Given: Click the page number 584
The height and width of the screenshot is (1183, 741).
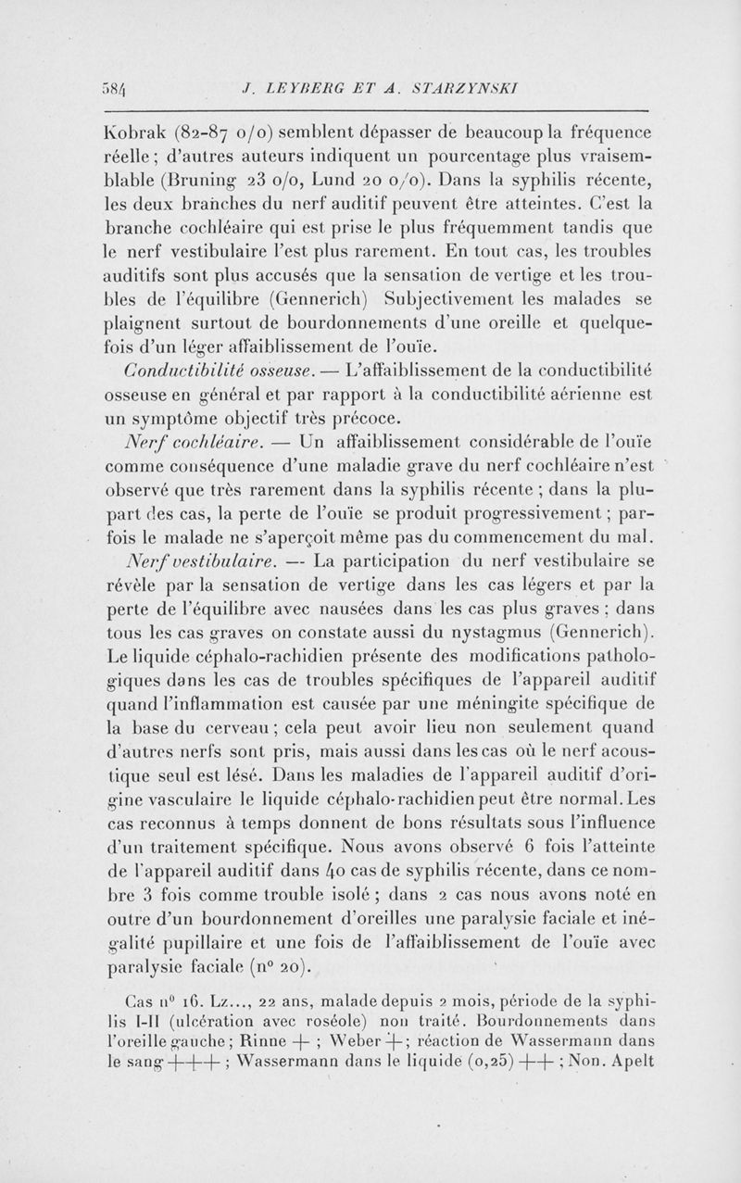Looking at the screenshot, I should coord(119,90).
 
